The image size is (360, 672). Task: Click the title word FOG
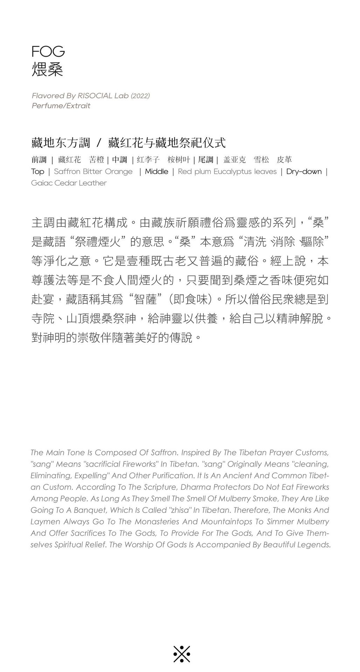point(48,52)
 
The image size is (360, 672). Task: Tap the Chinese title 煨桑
point(47,69)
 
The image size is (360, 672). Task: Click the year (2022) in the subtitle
point(140,96)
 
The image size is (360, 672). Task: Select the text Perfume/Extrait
point(61,106)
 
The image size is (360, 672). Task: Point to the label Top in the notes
point(37,172)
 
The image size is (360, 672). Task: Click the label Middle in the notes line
point(157,172)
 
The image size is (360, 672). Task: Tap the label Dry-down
point(304,172)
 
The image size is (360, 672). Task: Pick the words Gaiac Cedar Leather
point(69,183)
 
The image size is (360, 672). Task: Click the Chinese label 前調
point(39,160)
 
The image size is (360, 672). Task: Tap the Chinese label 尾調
point(206,160)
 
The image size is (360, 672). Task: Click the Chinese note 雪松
point(261,160)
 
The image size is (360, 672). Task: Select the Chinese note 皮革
point(284,160)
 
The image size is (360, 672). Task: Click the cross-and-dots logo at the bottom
point(182,654)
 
